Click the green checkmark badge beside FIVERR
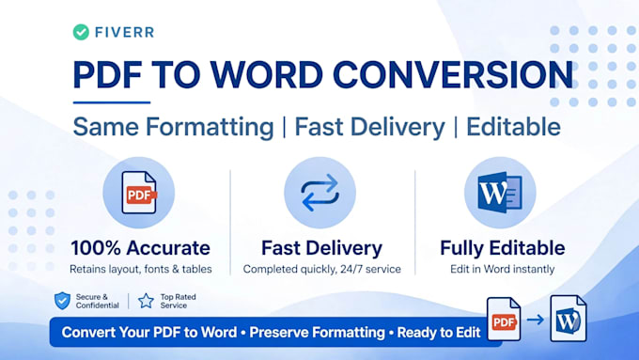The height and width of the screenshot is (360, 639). point(81,32)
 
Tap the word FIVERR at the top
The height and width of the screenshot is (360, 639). point(124,32)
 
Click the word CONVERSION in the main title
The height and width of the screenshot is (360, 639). point(453,75)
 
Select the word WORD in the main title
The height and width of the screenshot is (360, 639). point(267,75)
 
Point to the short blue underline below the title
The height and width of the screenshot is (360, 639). point(112,102)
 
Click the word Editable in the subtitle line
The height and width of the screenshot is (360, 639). point(513,126)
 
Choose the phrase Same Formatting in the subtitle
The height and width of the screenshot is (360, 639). point(173,127)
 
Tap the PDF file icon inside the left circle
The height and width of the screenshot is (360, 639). point(139,193)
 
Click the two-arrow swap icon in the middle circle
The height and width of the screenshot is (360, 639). point(319,193)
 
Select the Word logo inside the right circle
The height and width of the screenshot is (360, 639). point(500,193)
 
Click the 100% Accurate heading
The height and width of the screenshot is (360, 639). point(141,248)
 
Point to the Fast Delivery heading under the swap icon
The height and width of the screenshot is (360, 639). point(322,248)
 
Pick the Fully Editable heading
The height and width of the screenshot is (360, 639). point(503,248)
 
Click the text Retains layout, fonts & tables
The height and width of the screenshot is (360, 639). point(141,269)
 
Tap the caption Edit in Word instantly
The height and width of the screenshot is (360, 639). point(503,269)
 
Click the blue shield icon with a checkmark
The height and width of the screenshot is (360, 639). point(62,301)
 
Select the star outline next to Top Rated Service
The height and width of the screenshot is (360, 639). point(146,301)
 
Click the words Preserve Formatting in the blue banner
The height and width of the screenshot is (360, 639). point(317,333)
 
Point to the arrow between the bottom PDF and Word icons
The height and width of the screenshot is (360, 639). point(536,320)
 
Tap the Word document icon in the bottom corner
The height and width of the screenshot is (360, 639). point(569,319)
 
